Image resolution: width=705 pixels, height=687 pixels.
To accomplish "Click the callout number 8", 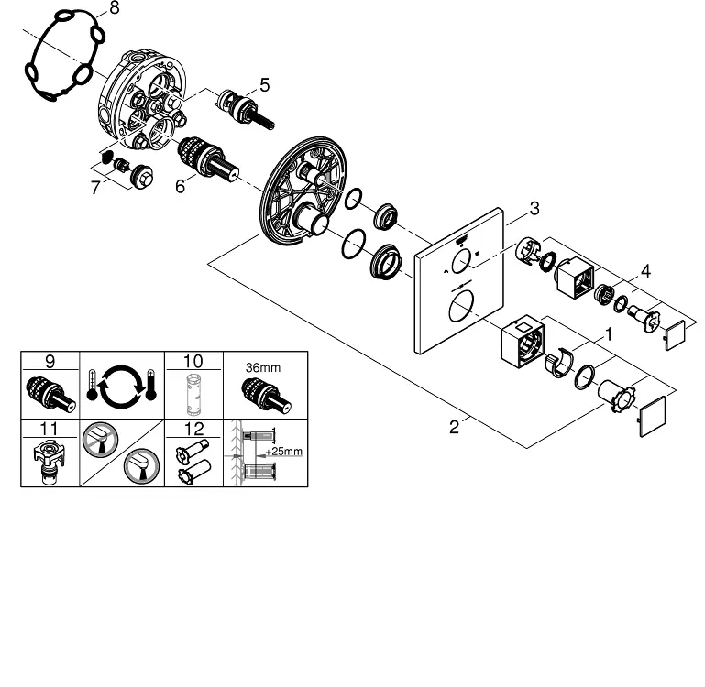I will (x=114, y=9).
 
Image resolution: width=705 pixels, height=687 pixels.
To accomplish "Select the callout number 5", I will (x=264, y=85).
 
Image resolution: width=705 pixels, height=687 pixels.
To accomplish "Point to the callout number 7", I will (x=94, y=189).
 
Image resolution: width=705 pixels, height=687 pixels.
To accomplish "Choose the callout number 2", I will (x=454, y=427).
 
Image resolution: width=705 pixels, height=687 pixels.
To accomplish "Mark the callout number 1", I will (x=604, y=337).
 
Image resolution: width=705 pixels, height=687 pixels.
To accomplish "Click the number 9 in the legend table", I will (x=50, y=362).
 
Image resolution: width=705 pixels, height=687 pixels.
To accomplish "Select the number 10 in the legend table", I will (x=193, y=362).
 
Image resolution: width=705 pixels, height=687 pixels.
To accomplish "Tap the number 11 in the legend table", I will (x=50, y=428).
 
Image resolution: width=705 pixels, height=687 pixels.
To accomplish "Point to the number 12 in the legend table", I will (x=193, y=428).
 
